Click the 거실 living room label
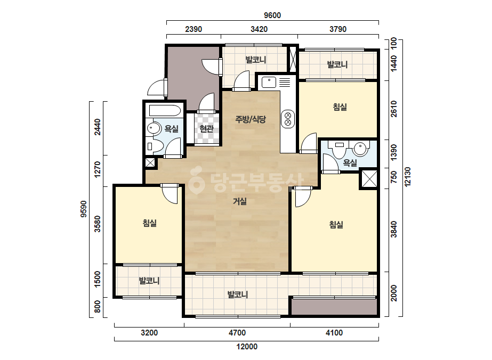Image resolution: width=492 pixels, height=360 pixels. tap(240, 201)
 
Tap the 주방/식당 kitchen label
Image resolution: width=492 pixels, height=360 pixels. tap(251, 119)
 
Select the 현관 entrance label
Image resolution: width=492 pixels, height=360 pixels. tap(206, 128)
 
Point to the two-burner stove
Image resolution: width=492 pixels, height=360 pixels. tap(288, 119)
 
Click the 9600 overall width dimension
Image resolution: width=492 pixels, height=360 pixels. tap(272, 15)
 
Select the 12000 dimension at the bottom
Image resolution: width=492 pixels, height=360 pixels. tap(247, 347)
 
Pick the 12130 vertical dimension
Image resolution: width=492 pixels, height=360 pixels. tap(408, 177)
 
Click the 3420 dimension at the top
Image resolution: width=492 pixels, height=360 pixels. tap(259, 29)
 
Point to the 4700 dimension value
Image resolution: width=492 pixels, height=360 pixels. tap(237, 333)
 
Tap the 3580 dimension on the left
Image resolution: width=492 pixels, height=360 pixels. tap(98, 224)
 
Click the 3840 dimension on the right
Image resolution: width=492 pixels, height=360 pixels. tap(394, 229)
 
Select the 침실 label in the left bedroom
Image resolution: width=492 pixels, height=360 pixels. tap(150, 223)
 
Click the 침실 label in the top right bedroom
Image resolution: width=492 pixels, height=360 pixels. tap(340, 107)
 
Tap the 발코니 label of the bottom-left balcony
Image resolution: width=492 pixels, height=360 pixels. tap(149, 281)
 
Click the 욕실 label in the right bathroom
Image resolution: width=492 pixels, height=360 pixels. tap(350, 163)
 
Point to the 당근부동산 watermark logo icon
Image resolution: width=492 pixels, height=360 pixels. tap(197, 181)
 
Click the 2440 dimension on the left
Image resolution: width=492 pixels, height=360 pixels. tap(98, 127)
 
